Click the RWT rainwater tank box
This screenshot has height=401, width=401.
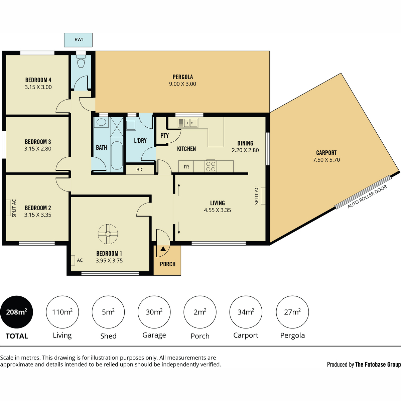[78, 40]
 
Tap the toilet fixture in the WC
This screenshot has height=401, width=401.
[81, 60]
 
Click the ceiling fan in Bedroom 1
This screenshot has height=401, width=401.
[108, 234]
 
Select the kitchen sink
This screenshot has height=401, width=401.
[188, 123]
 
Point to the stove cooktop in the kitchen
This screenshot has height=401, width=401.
[211, 166]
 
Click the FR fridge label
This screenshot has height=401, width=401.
[186, 167]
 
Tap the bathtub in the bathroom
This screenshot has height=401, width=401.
[117, 156]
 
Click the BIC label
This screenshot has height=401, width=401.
[140, 170]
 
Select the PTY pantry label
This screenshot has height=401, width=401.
[164, 136]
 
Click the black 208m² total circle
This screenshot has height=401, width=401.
[16, 312]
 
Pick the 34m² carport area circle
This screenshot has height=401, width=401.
[246, 312]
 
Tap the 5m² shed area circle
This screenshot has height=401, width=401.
[108, 312]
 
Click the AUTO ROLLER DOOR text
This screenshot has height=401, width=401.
[367, 196]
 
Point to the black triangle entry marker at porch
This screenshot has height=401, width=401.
[163, 249]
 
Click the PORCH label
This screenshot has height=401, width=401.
[167, 264]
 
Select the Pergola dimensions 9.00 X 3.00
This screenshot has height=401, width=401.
[182, 84]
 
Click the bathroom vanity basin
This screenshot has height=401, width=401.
[101, 122]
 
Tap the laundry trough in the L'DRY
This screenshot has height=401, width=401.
[131, 125]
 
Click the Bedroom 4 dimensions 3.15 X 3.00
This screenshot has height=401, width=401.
[38, 87]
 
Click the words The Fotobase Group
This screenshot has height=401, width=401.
[378, 364]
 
